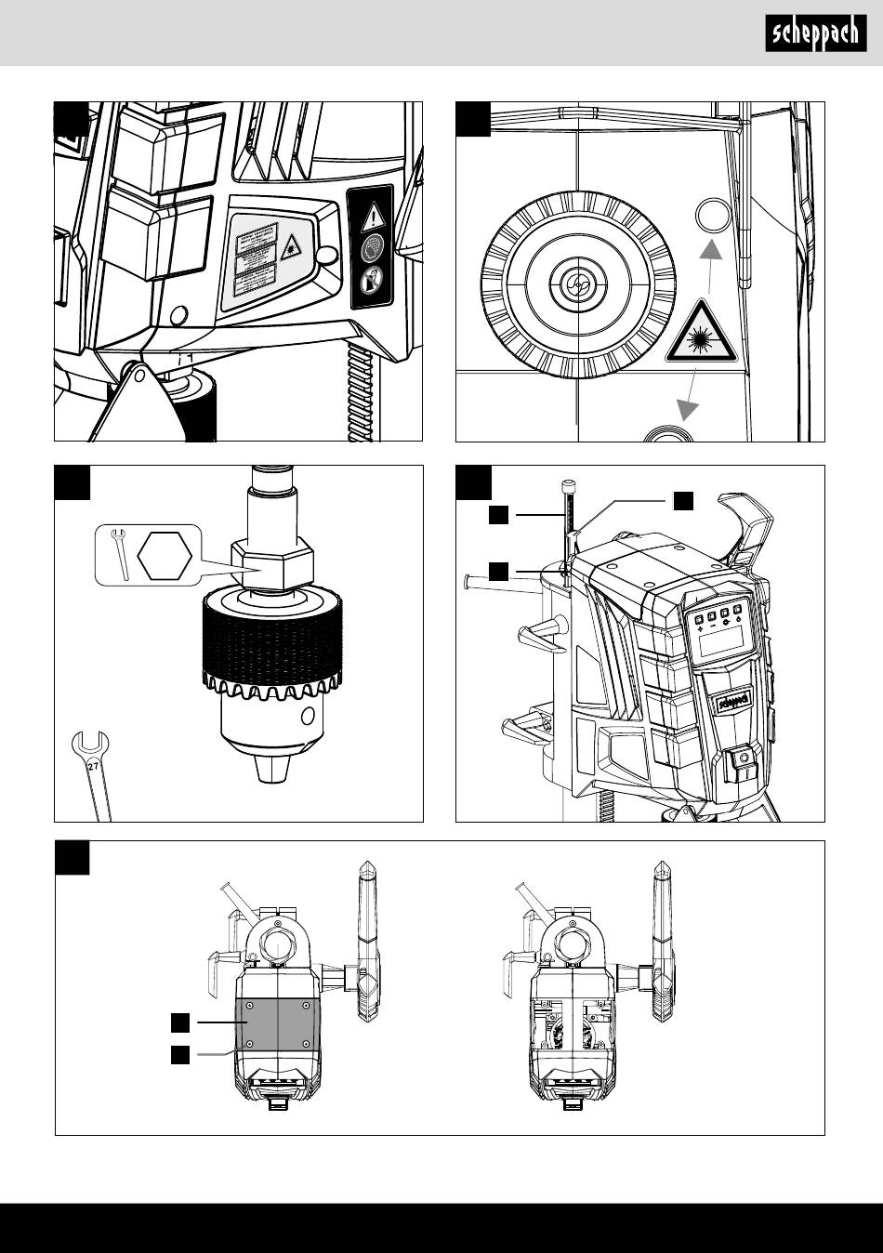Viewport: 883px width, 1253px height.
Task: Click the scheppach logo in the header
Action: pos(814,34)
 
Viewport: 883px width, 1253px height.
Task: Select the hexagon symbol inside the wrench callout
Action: pos(165,556)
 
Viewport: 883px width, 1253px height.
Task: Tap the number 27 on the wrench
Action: pos(93,767)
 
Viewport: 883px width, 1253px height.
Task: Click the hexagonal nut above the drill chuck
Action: pos(272,565)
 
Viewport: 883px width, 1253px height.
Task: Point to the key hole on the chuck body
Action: pos(307,717)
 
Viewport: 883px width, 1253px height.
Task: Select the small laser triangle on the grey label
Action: pos(291,246)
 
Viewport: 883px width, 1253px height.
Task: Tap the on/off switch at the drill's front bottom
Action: pos(743,760)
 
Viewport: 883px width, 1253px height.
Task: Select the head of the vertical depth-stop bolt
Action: pos(568,484)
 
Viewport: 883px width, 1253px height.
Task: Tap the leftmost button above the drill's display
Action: pos(697,615)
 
